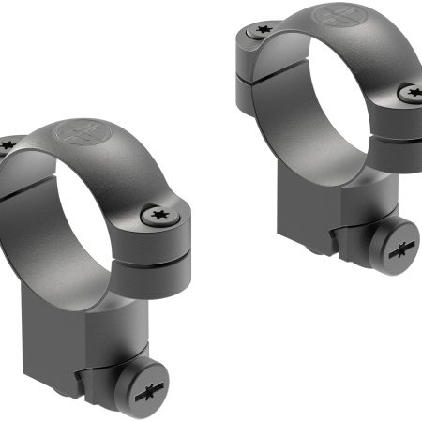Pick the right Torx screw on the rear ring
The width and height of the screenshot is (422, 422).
pyautogui.click(x=410, y=93)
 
